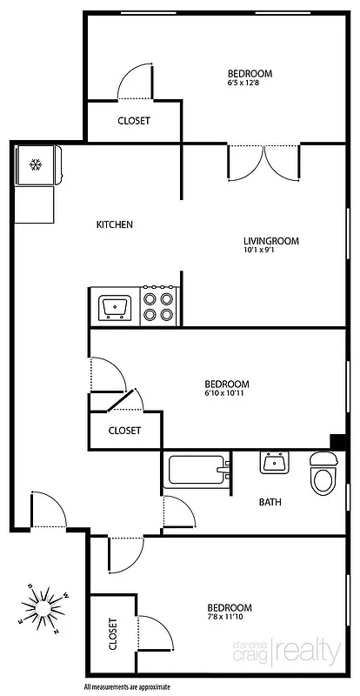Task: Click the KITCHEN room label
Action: coord(114,225)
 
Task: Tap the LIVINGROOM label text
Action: coord(270,241)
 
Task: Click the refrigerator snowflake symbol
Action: coord(36,164)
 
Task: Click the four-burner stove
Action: coord(159,306)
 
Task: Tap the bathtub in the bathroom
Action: coord(196,472)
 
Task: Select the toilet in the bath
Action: coord(323,473)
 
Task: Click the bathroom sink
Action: coord(275,463)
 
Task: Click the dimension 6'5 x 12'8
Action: coord(249,84)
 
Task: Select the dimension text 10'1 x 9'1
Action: coord(264,251)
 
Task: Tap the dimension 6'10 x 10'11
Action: coord(227,393)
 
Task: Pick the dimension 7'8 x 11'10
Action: coord(228,618)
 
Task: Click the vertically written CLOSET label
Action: coord(113,634)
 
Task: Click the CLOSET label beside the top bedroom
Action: coord(133,121)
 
